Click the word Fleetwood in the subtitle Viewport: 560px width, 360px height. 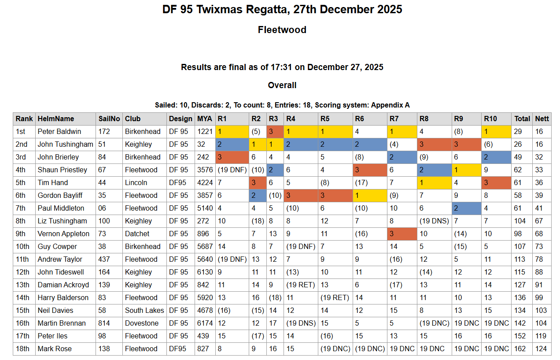click(x=282, y=30)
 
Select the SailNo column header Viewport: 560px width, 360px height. click(x=109, y=119)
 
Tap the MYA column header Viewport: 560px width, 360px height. click(x=204, y=119)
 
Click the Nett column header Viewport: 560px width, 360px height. click(x=542, y=119)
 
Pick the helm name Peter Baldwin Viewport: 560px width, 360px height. click(x=60, y=131)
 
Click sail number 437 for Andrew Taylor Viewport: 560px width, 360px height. click(x=104, y=259)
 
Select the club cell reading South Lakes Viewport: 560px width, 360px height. click(x=144, y=310)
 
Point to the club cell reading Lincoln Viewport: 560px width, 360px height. click(x=136, y=182)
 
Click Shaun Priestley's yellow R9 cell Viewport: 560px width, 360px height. click(x=466, y=170)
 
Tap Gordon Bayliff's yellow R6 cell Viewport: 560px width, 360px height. click(x=370, y=195)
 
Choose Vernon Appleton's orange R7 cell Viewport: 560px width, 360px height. click(x=402, y=234)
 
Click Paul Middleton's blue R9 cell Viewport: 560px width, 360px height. click(x=466, y=208)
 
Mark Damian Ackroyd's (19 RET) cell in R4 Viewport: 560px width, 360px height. click(x=301, y=285)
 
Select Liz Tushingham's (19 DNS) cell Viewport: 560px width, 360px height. click(x=434, y=221)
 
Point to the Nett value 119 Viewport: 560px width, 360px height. click(x=542, y=336)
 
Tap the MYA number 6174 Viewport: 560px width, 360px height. click(x=205, y=323)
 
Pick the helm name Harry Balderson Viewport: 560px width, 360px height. click(x=63, y=297)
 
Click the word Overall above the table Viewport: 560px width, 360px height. click(x=282, y=85)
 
